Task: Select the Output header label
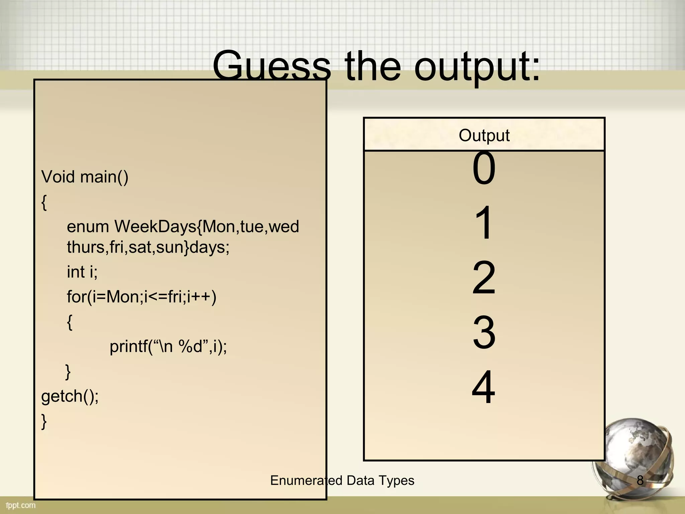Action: [x=484, y=136]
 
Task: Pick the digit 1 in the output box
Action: [x=484, y=223]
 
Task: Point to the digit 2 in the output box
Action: [x=484, y=278]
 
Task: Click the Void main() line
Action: [x=85, y=177]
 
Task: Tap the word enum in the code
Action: [x=88, y=227]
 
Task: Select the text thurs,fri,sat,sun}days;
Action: [x=148, y=248]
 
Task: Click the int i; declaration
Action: [x=82, y=272]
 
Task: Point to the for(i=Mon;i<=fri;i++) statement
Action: [x=141, y=297]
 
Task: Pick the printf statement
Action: [x=168, y=346]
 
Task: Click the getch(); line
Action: [x=70, y=396]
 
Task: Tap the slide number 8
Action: [x=640, y=481]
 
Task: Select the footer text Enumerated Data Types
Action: [x=342, y=481]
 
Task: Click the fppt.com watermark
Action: [x=20, y=505]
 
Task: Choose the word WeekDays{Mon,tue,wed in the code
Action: [x=207, y=227]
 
